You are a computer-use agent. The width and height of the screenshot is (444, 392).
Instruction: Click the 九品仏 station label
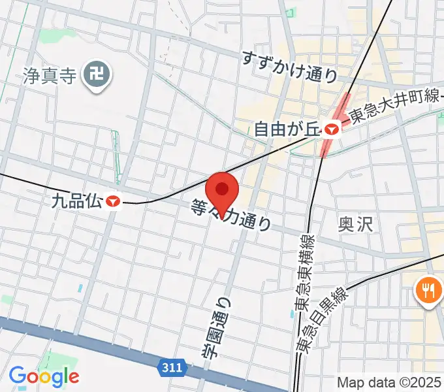[76, 201]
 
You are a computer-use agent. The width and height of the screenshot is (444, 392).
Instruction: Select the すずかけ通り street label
[289, 66]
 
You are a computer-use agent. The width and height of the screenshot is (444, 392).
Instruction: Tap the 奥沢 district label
[354, 224]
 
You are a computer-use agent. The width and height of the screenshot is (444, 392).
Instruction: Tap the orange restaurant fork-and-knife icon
[428, 289]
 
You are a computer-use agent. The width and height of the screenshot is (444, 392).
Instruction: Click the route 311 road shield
[172, 368]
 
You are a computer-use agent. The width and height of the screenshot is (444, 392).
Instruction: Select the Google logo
[44, 376]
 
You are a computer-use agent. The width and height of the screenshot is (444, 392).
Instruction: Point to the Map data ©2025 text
[389, 382]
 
